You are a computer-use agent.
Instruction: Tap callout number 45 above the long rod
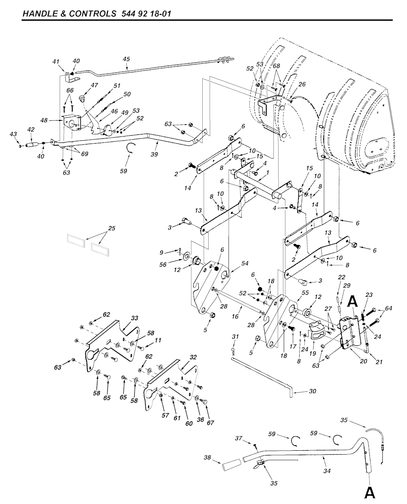click(126, 59)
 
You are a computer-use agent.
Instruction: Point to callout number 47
click(94, 85)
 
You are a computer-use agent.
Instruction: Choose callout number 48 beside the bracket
click(44, 120)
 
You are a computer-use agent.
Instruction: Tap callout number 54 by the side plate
click(245, 264)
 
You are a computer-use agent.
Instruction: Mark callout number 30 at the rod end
click(312, 391)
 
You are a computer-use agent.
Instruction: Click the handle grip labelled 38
click(231, 465)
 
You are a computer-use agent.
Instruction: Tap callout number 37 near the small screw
click(239, 438)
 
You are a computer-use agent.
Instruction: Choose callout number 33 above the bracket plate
click(135, 318)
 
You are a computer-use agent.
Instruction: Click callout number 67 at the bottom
click(210, 422)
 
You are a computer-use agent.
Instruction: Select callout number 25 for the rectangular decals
click(112, 229)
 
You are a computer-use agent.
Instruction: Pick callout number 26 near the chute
click(302, 84)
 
